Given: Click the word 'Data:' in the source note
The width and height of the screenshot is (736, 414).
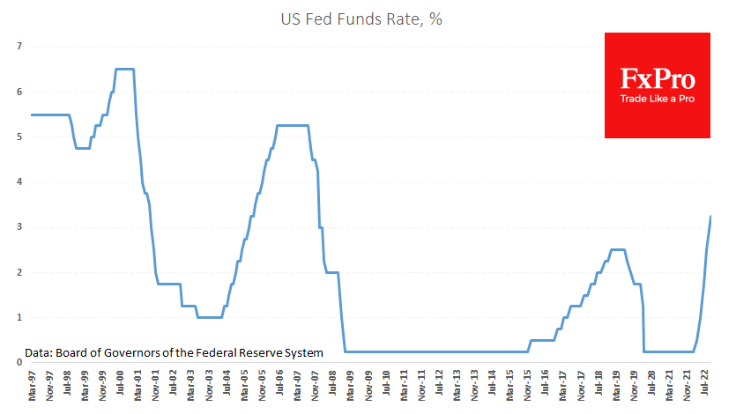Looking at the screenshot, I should coord(41,352).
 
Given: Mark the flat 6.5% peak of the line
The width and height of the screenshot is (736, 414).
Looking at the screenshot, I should coord(124,69).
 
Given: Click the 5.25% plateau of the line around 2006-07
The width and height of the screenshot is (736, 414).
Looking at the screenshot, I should coord(293,125).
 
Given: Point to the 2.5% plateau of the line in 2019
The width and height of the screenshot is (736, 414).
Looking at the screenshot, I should coord(618,249).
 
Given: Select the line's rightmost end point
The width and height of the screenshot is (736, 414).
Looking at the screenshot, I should coord(710,216).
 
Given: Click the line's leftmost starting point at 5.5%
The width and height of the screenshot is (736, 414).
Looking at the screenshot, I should coord(32,115).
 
